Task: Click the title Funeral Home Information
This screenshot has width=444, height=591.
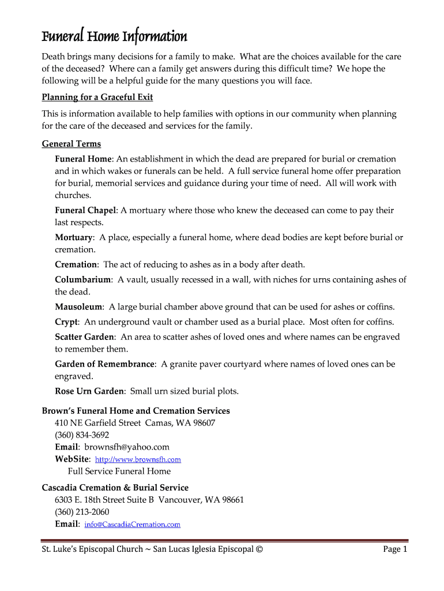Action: pyautogui.click(x=114, y=37)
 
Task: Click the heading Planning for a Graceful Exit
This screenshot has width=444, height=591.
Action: pyautogui.click(x=97, y=97)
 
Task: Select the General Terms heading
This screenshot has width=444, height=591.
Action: pyautogui.click(x=72, y=144)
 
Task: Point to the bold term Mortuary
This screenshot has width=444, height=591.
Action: pyautogui.click(x=74, y=237)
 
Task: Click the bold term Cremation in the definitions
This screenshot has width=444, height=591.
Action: pyautogui.click(x=76, y=264)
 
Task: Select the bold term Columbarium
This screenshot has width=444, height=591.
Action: pyautogui.click(x=83, y=279)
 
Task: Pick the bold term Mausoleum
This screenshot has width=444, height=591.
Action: pyautogui.click(x=79, y=306)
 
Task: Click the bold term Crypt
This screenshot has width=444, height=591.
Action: pyautogui.click(x=66, y=321)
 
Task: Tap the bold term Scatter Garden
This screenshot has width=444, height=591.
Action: pyautogui.click(x=84, y=336)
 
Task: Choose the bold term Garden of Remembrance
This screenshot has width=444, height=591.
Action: pyautogui.click(x=105, y=364)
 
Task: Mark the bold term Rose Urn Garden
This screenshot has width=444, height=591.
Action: pyautogui.click(x=89, y=391)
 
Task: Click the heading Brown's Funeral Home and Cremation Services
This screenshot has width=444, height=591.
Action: pyautogui.click(x=136, y=411)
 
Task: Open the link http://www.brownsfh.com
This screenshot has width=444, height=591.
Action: pyautogui.click(x=138, y=460)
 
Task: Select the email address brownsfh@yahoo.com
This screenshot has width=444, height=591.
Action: pyautogui.click(x=127, y=447)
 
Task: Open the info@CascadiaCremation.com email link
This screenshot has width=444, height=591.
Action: pyautogui.click(x=132, y=525)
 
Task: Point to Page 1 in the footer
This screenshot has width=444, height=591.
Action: pyautogui.click(x=395, y=549)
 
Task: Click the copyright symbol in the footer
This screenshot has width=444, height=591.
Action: pyautogui.click(x=258, y=549)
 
